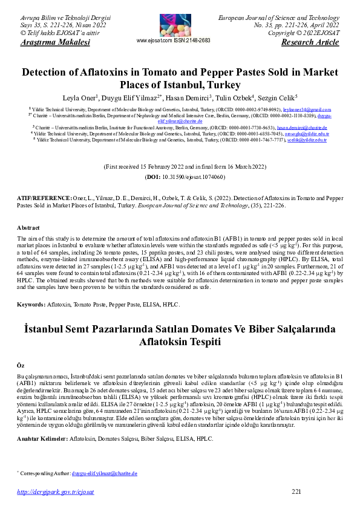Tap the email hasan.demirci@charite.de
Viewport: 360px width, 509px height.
pyautogui.click(x=302, y=128)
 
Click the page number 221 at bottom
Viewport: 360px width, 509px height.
pyautogui.click(x=296, y=491)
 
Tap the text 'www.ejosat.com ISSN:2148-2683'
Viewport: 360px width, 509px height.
pyautogui.click(x=174, y=41)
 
